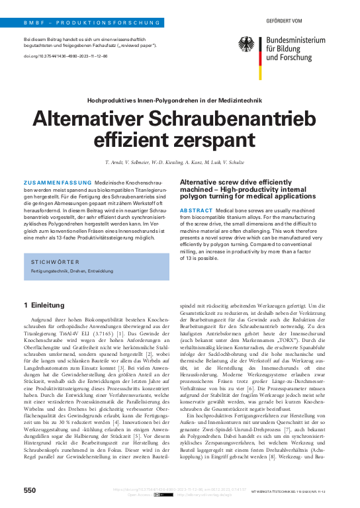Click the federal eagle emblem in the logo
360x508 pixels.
246,44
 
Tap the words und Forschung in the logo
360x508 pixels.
289,58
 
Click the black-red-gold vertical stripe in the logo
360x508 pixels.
261,48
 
